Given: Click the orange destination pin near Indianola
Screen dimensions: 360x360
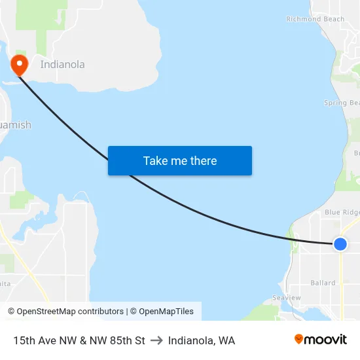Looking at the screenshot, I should coord(19,63).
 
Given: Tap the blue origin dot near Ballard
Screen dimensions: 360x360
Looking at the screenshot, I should coord(340,243).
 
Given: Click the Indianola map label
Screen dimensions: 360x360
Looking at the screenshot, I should coord(62,65).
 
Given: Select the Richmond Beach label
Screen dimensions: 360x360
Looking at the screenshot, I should coord(315,19).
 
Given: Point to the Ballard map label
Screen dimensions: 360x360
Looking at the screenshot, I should coord(323,283).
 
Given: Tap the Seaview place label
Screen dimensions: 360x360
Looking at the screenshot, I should coord(287,298).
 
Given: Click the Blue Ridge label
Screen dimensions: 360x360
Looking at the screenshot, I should coord(342,213).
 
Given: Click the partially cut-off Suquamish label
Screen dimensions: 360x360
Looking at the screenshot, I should coord(15,125).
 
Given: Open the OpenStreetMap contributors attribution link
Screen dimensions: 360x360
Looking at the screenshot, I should coord(70,312).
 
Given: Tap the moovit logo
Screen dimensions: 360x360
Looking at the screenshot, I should coord(321,340).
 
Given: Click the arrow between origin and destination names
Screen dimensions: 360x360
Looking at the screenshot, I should coord(156,340).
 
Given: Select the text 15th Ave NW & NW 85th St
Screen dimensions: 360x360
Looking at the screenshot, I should coord(79,340).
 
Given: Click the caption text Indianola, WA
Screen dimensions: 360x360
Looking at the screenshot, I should coord(202,340).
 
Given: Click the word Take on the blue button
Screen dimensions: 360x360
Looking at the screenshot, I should coord(155,161).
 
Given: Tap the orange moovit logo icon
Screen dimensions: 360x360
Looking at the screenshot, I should coord(299,339).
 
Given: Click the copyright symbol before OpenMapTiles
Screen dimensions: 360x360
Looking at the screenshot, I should coord(133,312).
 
